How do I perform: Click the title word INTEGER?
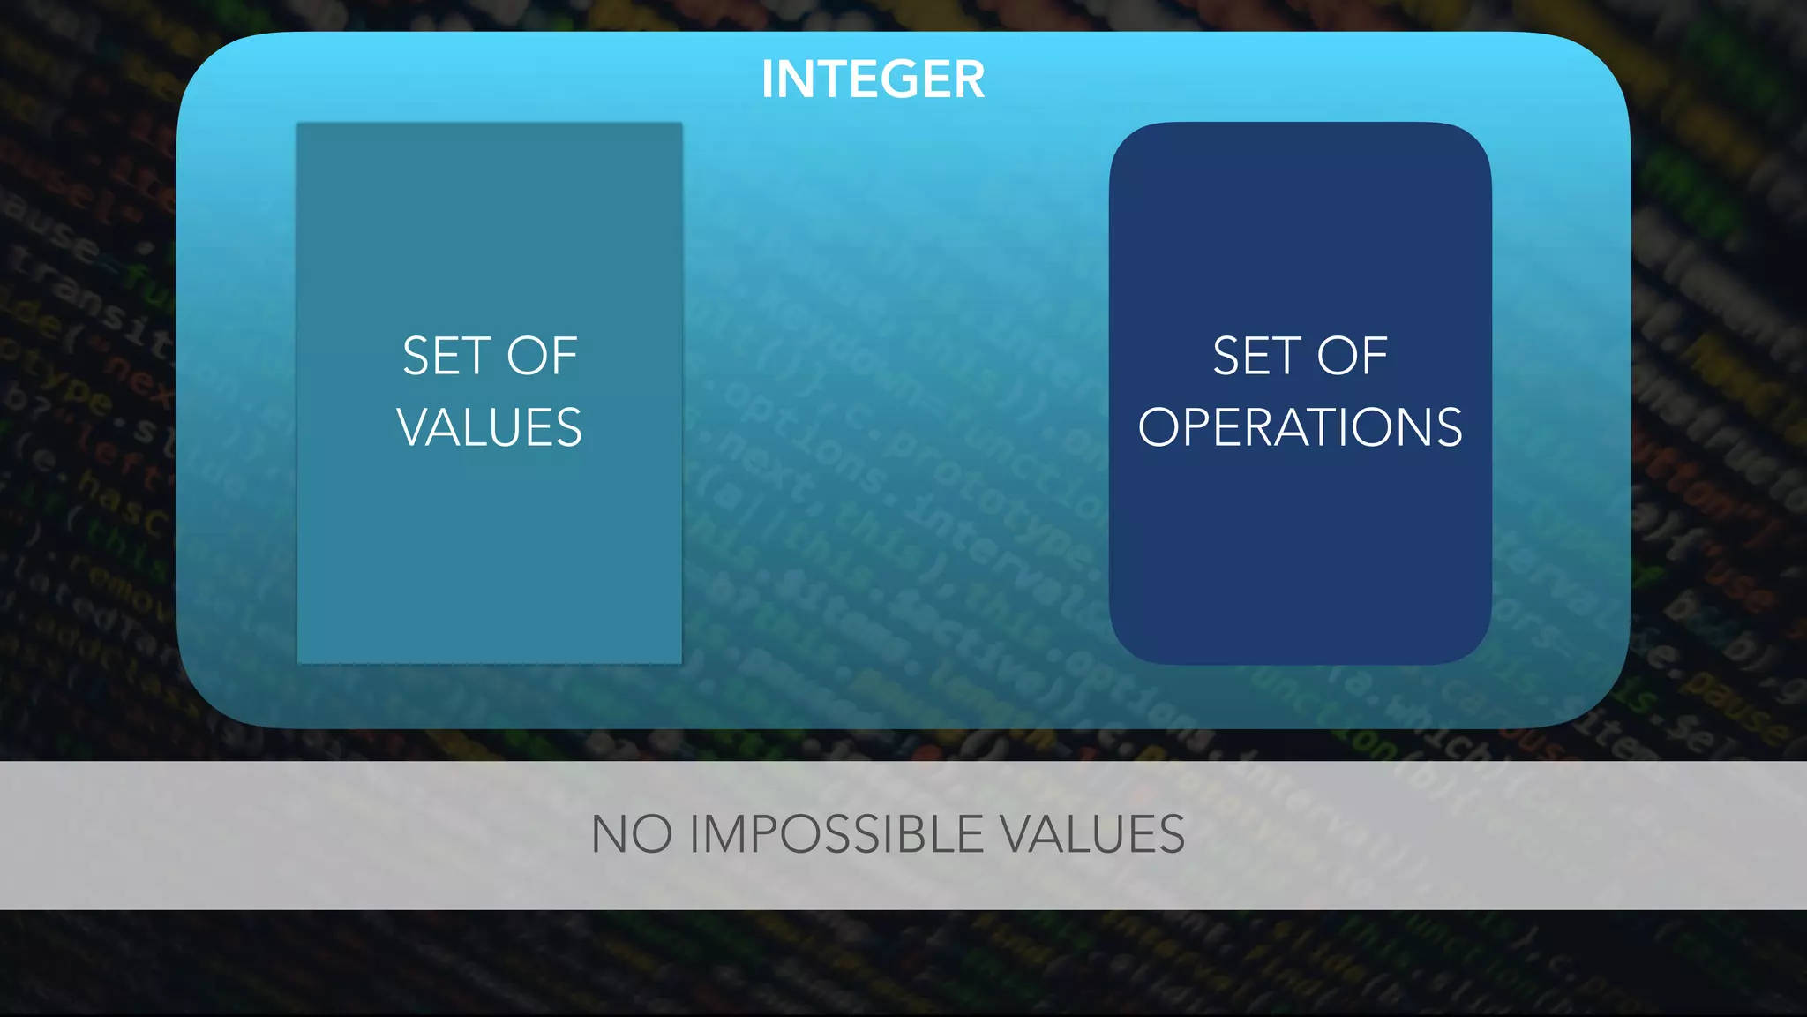pyautogui.click(x=873, y=79)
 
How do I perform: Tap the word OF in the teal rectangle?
pyautogui.click(x=541, y=356)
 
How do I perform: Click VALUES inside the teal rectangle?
pyautogui.click(x=490, y=427)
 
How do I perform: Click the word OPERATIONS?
pyautogui.click(x=1300, y=427)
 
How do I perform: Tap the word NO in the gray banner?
pyautogui.click(x=631, y=834)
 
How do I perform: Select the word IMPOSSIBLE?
pyautogui.click(x=836, y=834)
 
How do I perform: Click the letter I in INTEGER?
pyautogui.click(x=768, y=79)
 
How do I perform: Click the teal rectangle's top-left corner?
pyautogui.click(x=299, y=124)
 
